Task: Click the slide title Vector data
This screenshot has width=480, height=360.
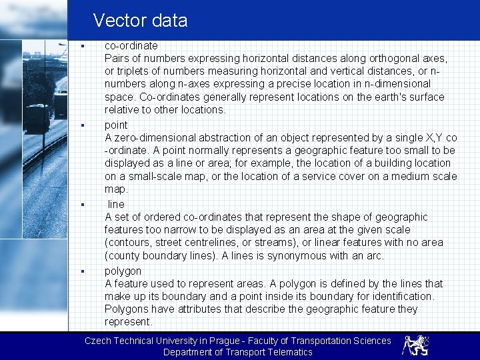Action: tap(140, 21)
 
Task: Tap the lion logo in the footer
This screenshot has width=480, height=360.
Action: tap(415, 345)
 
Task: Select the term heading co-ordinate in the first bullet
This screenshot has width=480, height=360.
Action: tap(131, 46)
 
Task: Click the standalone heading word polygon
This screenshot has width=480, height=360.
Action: tap(123, 271)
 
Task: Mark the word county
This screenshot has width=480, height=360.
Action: tap(123, 255)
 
